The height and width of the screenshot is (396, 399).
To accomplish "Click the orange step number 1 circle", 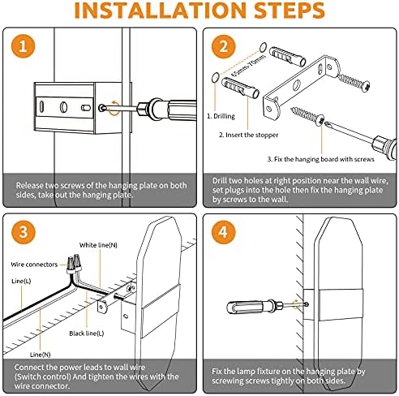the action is click(x=23, y=46).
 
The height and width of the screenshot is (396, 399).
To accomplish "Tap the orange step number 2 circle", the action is click(x=223, y=46).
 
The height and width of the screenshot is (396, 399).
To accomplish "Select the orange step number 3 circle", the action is click(x=24, y=232).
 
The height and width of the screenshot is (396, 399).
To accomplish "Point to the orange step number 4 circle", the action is click(x=223, y=232).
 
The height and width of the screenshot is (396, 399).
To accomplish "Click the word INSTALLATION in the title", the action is click(x=160, y=11).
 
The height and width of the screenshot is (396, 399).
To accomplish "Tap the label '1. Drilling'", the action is click(x=221, y=116).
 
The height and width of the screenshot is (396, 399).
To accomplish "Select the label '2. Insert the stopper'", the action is click(x=248, y=135).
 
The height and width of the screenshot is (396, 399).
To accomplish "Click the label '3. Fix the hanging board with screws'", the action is click(x=321, y=159).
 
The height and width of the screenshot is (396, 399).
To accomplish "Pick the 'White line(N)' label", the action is click(x=98, y=245).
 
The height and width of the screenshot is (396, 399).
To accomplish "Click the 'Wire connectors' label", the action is click(x=34, y=265).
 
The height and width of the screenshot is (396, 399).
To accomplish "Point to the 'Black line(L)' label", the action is click(x=87, y=334).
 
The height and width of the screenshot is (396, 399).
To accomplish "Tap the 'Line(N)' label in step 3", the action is click(x=40, y=355).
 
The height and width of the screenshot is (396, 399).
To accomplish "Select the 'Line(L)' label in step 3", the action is click(x=21, y=281).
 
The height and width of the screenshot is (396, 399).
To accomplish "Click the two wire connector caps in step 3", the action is click(x=74, y=262).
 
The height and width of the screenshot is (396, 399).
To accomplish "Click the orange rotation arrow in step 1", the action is click(x=114, y=108).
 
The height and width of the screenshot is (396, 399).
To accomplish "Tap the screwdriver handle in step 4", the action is click(x=247, y=307).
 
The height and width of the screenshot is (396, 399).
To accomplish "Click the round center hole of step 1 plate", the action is click(x=64, y=107).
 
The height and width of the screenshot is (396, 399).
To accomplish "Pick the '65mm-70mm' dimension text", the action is click(x=249, y=66).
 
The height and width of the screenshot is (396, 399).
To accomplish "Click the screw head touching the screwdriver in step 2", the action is click(x=320, y=119).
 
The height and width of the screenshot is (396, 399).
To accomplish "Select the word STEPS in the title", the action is click(x=290, y=11).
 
